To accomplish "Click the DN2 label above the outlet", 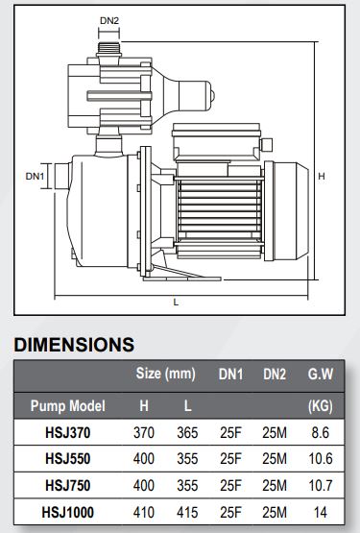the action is coord(109,21).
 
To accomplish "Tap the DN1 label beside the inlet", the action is coord(35,177).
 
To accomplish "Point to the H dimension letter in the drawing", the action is coord(322,176).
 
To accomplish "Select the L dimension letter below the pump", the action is coord(176,302).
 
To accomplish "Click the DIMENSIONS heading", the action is coord(74,345).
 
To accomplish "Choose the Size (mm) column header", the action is coord(165,374).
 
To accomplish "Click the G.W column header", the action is coord(321,374).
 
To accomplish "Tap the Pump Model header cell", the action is coord(68,406).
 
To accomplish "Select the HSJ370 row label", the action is coord(68,433).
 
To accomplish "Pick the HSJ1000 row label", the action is coord(67,512).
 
